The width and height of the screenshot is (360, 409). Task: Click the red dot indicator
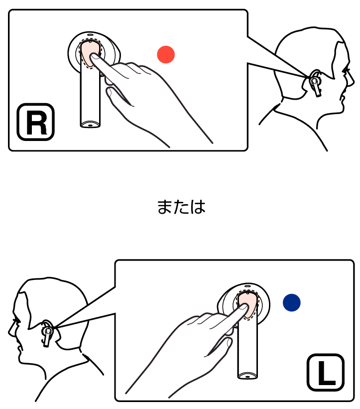pyautogui.click(x=166, y=54)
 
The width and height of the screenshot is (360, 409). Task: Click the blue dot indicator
pyautogui.click(x=292, y=302)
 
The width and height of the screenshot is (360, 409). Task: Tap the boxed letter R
pyautogui.click(x=36, y=122)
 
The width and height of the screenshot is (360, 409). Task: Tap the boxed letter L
pyautogui.click(x=326, y=372)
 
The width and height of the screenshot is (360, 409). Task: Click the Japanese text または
pyautogui.click(x=181, y=207)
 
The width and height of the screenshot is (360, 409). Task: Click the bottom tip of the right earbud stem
pyautogui.click(x=90, y=126)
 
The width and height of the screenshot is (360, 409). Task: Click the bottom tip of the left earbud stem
pyautogui.click(x=247, y=377)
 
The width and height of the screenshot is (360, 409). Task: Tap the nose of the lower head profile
pyautogui.click(x=10, y=331)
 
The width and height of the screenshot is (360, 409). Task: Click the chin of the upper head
pyautogui.click(x=340, y=111)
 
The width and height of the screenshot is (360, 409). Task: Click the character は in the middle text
pyautogui.click(x=198, y=207)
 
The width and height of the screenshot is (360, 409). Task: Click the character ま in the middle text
pyautogui.click(x=164, y=207)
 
